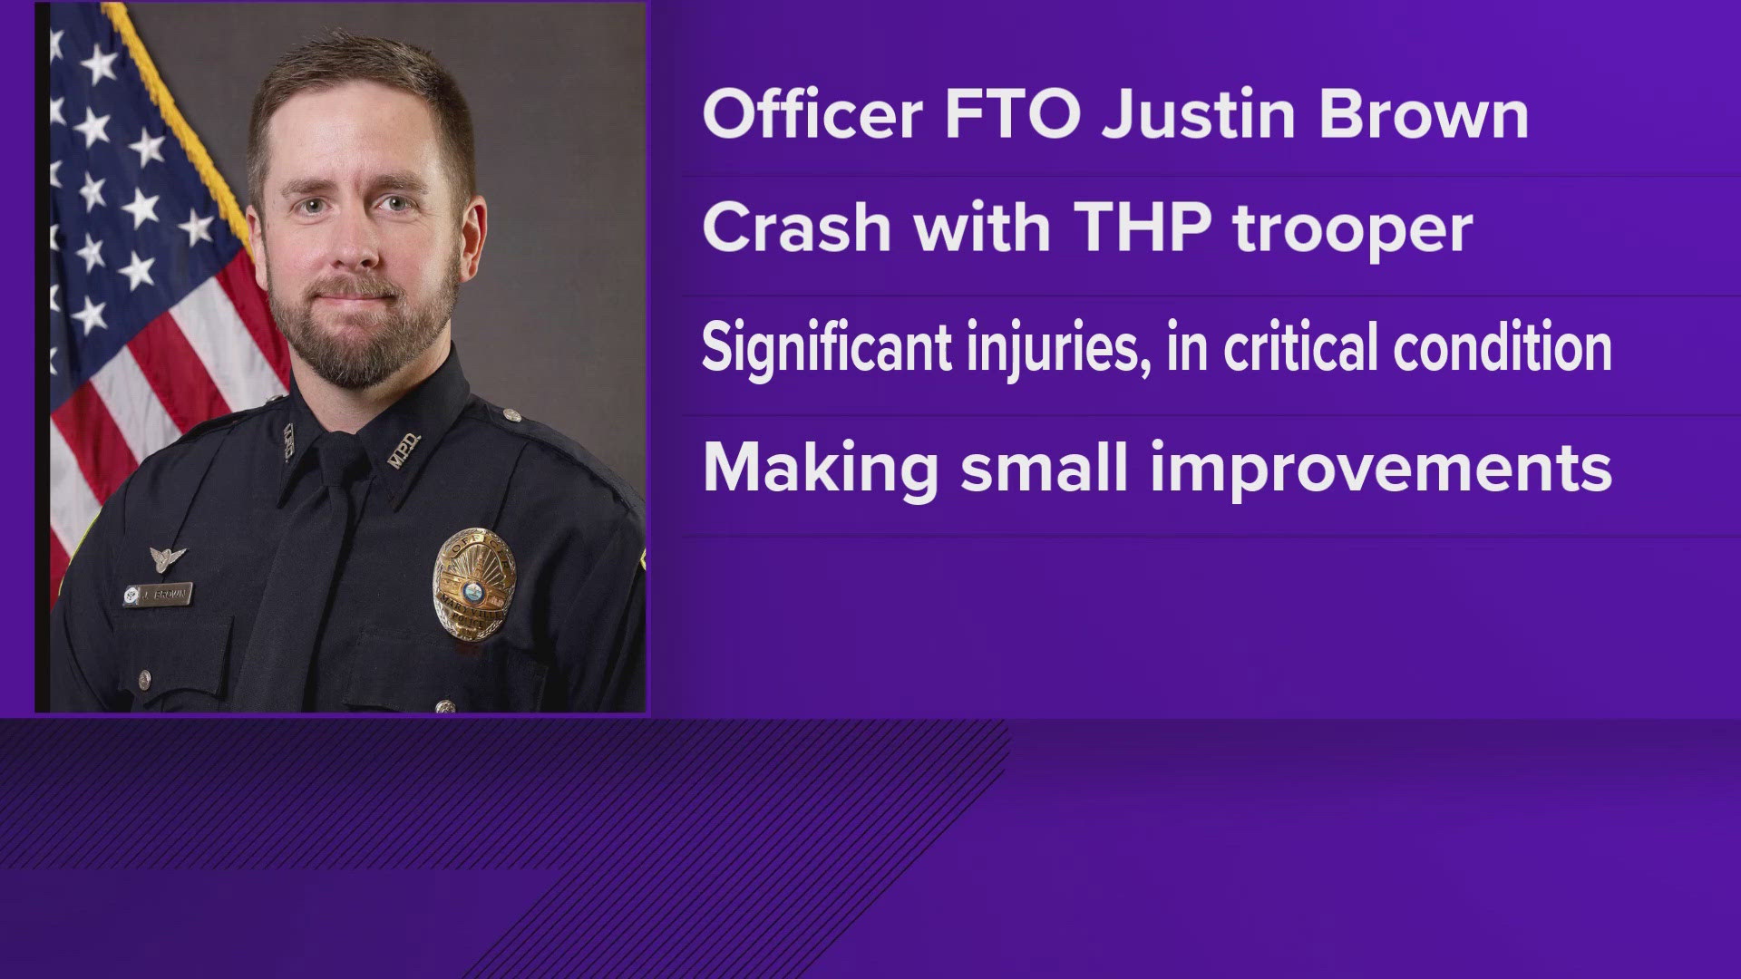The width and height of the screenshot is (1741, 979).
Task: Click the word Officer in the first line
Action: tap(812, 115)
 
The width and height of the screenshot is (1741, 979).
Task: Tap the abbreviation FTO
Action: tap(1012, 115)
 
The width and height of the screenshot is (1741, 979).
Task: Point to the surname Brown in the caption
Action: tap(1424, 115)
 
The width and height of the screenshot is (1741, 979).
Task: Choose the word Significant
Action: tap(826, 348)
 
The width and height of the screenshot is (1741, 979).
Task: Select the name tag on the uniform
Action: tap(158, 595)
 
